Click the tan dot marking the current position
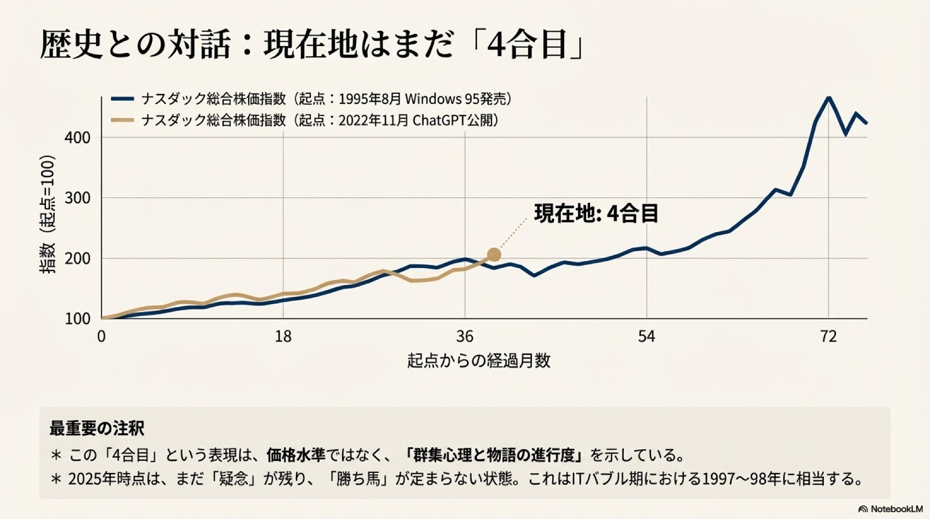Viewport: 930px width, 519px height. point(494,255)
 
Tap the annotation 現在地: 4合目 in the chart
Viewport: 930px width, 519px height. point(596,214)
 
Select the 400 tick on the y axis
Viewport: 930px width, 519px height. point(77,137)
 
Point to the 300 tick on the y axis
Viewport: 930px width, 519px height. point(77,198)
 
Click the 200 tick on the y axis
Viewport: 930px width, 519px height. point(77,259)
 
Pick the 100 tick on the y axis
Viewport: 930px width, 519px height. point(77,319)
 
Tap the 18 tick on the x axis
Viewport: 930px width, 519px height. point(283,336)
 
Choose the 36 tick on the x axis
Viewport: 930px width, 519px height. point(465,336)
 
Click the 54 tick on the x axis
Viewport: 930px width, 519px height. point(647,336)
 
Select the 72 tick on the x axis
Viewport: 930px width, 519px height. point(829,336)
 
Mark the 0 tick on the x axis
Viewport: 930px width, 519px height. point(101,336)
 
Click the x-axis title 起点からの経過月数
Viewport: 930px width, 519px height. point(479,361)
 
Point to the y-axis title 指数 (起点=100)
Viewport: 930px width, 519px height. point(47,214)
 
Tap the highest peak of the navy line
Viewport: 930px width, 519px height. point(829,98)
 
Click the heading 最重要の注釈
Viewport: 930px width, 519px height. point(97,428)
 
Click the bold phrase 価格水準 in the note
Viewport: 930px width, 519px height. point(295,455)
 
